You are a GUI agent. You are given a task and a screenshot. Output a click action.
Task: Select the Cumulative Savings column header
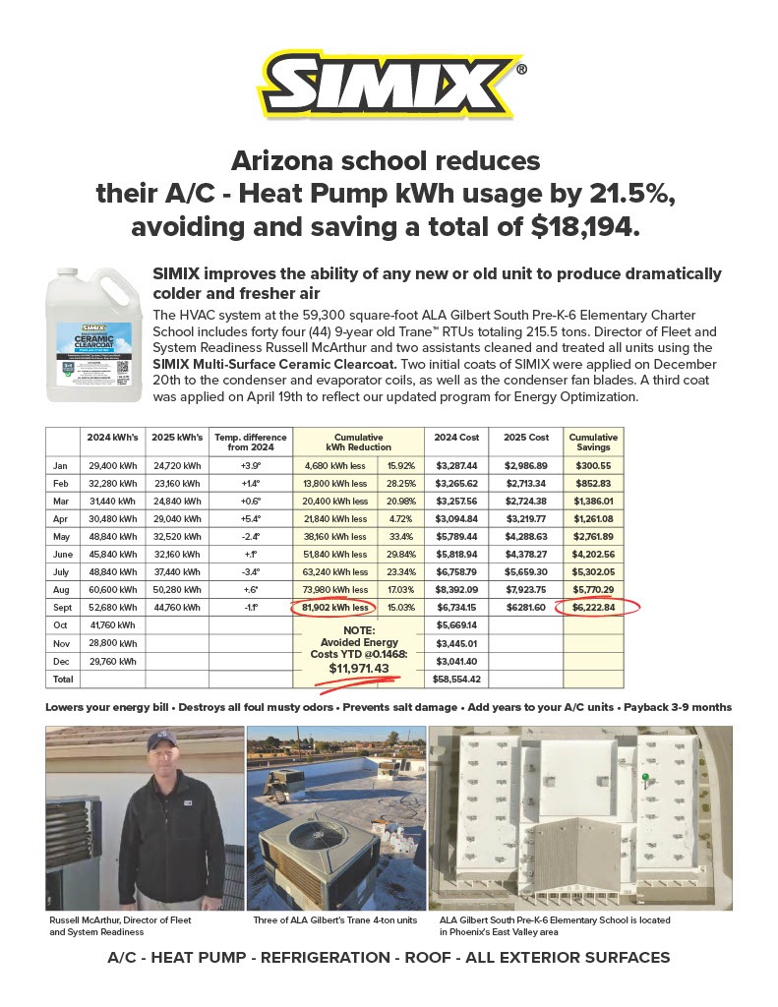[x=593, y=442]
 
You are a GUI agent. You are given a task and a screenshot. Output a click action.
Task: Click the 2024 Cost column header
[x=455, y=437]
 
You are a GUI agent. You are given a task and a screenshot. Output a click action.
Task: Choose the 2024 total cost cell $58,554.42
[x=455, y=679]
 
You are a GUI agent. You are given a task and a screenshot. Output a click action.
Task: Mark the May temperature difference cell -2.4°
[x=251, y=537]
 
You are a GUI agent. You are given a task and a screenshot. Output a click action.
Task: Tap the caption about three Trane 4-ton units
[x=335, y=920]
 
